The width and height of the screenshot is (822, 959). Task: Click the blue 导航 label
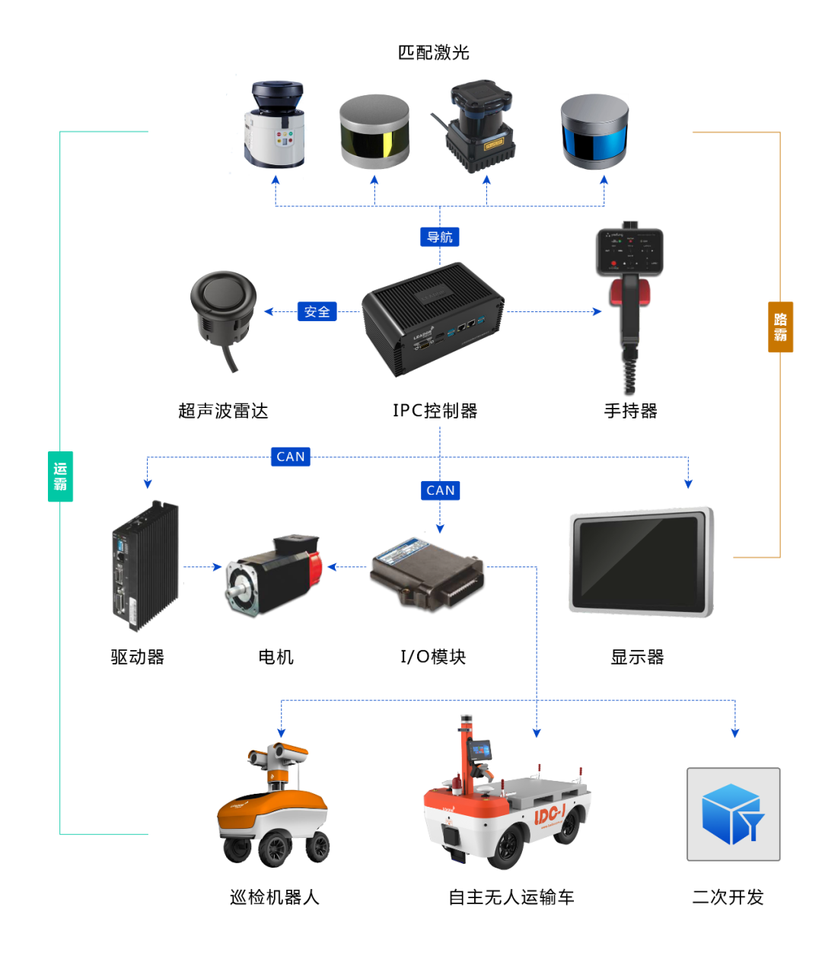click(x=439, y=237)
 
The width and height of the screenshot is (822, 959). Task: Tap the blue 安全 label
click(x=317, y=311)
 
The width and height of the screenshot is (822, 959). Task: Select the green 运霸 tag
click(x=60, y=476)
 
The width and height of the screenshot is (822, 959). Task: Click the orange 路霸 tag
click(x=780, y=327)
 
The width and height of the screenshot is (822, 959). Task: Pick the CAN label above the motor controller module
click(x=440, y=490)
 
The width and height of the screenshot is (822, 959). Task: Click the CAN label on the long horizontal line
click(x=290, y=457)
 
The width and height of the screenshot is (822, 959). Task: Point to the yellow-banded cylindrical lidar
click(x=374, y=132)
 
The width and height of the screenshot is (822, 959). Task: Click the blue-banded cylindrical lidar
click(x=594, y=132)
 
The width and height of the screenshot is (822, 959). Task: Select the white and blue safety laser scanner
click(x=274, y=126)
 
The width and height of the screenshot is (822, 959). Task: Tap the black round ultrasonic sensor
click(x=222, y=308)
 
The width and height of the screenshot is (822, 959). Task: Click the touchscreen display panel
click(x=641, y=561)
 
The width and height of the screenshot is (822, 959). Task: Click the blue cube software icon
click(x=733, y=814)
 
